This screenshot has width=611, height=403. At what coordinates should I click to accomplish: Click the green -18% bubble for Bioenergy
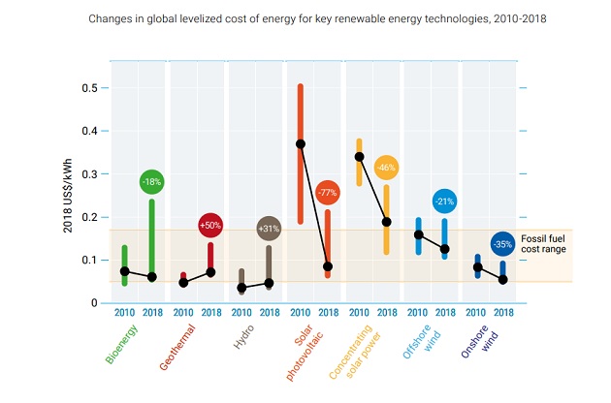coord(151,181)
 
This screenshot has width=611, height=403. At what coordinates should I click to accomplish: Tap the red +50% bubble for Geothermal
coord(209,225)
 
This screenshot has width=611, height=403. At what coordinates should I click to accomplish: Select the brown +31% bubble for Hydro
coord(268,228)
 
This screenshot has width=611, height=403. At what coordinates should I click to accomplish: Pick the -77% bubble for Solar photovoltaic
coord(327,193)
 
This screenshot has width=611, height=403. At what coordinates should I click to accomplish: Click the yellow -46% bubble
coord(386,168)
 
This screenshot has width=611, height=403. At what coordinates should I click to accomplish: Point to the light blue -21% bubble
coord(444,201)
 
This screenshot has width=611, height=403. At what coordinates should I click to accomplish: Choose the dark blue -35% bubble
coord(502,244)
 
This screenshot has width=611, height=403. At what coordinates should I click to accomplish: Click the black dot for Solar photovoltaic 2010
coord(301,143)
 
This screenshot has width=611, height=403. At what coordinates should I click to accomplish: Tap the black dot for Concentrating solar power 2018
coord(386,222)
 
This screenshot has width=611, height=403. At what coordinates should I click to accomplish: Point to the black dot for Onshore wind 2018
coord(502,280)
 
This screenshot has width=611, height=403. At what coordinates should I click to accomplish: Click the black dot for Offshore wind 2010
coord(418,234)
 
